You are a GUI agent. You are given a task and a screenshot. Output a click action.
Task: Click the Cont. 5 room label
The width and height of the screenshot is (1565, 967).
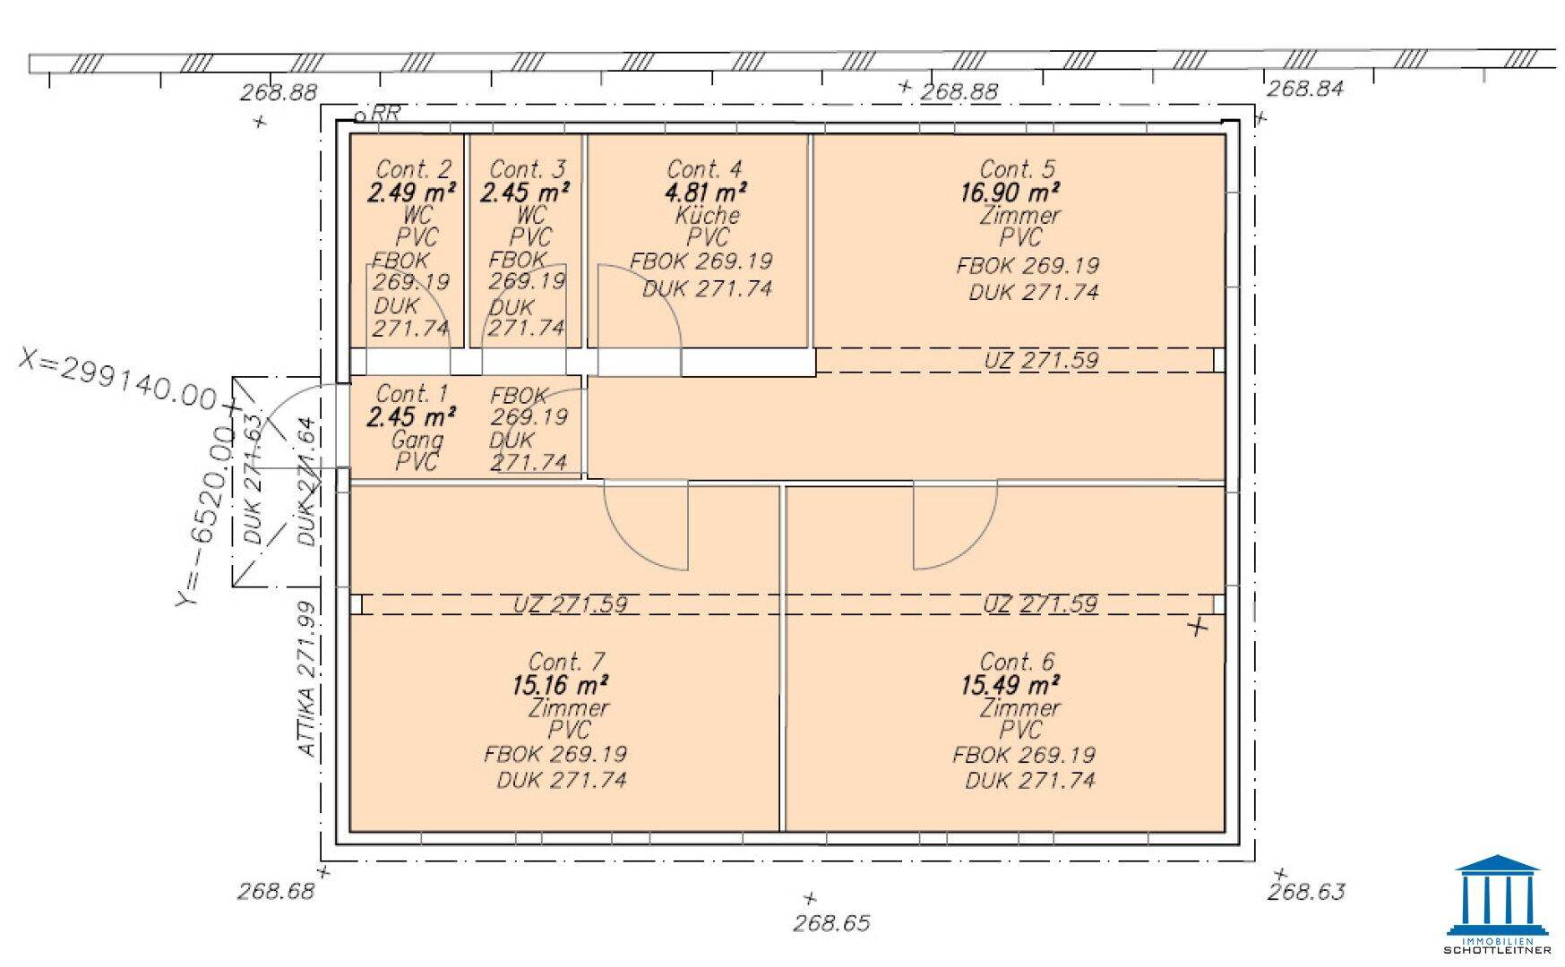1017,169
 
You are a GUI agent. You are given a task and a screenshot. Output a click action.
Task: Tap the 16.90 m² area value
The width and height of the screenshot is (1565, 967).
1010,193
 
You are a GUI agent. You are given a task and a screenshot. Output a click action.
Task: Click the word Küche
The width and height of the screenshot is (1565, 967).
708,215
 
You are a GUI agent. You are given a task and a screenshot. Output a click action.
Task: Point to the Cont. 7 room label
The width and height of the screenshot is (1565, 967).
567,662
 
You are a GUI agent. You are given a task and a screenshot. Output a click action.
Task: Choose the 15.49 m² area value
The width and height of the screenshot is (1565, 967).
1010,685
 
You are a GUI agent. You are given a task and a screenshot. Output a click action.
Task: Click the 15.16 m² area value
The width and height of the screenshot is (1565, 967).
560,685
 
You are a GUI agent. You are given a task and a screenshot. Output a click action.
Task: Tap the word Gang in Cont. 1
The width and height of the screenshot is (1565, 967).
417,440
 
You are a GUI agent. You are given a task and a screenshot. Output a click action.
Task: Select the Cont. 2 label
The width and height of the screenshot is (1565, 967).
413,169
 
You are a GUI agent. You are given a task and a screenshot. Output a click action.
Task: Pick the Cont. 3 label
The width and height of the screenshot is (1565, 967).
528,169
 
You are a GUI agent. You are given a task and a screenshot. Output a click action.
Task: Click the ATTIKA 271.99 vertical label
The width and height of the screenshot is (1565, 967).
306,679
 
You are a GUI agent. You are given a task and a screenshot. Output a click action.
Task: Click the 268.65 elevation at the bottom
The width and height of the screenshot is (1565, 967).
831,923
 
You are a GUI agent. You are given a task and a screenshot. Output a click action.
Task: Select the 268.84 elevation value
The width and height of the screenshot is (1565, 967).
1305,88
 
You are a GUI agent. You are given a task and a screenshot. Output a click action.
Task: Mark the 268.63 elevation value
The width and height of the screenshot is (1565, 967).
1305,892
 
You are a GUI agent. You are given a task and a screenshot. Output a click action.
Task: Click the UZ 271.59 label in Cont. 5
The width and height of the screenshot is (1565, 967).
1041,360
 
